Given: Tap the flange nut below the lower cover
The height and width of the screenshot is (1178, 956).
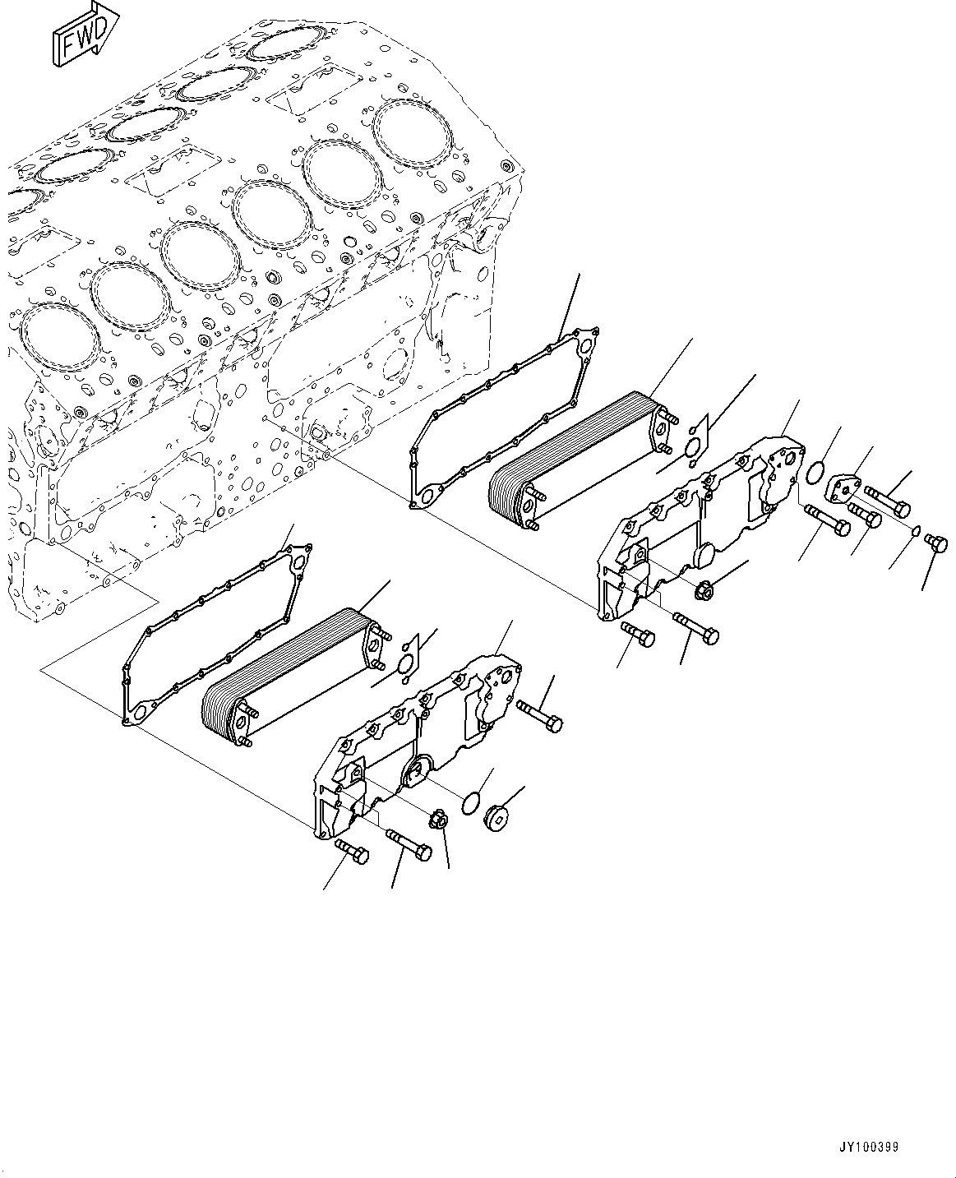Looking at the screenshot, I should [x=437, y=820].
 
